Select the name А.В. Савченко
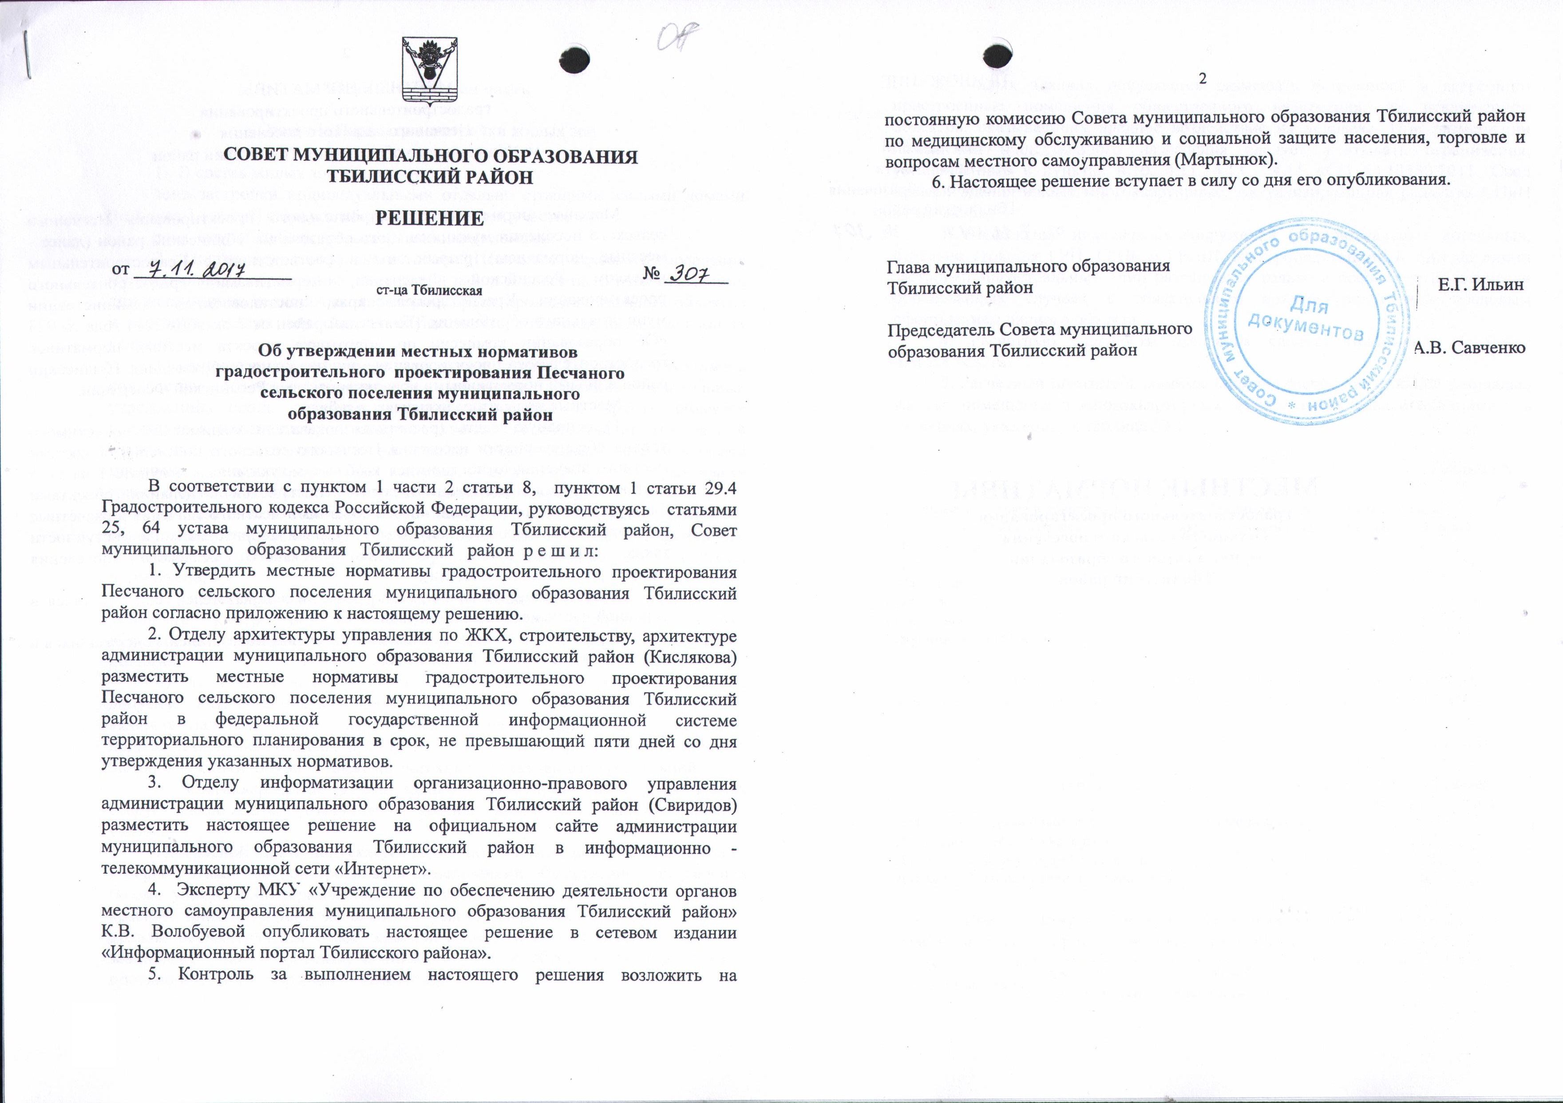pyautogui.click(x=1468, y=348)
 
